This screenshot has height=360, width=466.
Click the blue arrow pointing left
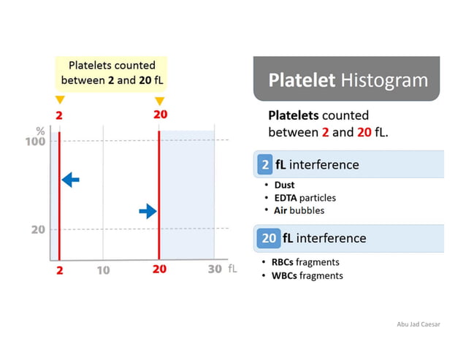71,179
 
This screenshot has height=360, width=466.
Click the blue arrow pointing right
148,211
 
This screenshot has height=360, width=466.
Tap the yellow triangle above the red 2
59,100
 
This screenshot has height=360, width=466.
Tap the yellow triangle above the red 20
159,100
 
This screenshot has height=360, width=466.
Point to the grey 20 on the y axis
37,229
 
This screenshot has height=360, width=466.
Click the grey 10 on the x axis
103,270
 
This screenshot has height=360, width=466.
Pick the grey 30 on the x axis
214,269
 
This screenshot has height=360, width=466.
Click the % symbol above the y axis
40,130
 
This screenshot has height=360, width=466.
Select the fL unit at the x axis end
232,269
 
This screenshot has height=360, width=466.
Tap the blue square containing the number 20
270,238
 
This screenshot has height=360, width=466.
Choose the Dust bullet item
285,185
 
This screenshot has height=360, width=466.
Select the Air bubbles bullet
299,210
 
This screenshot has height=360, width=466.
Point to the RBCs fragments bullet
305,262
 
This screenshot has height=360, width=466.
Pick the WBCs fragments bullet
307,275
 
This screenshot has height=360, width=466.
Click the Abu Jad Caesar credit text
418,324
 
